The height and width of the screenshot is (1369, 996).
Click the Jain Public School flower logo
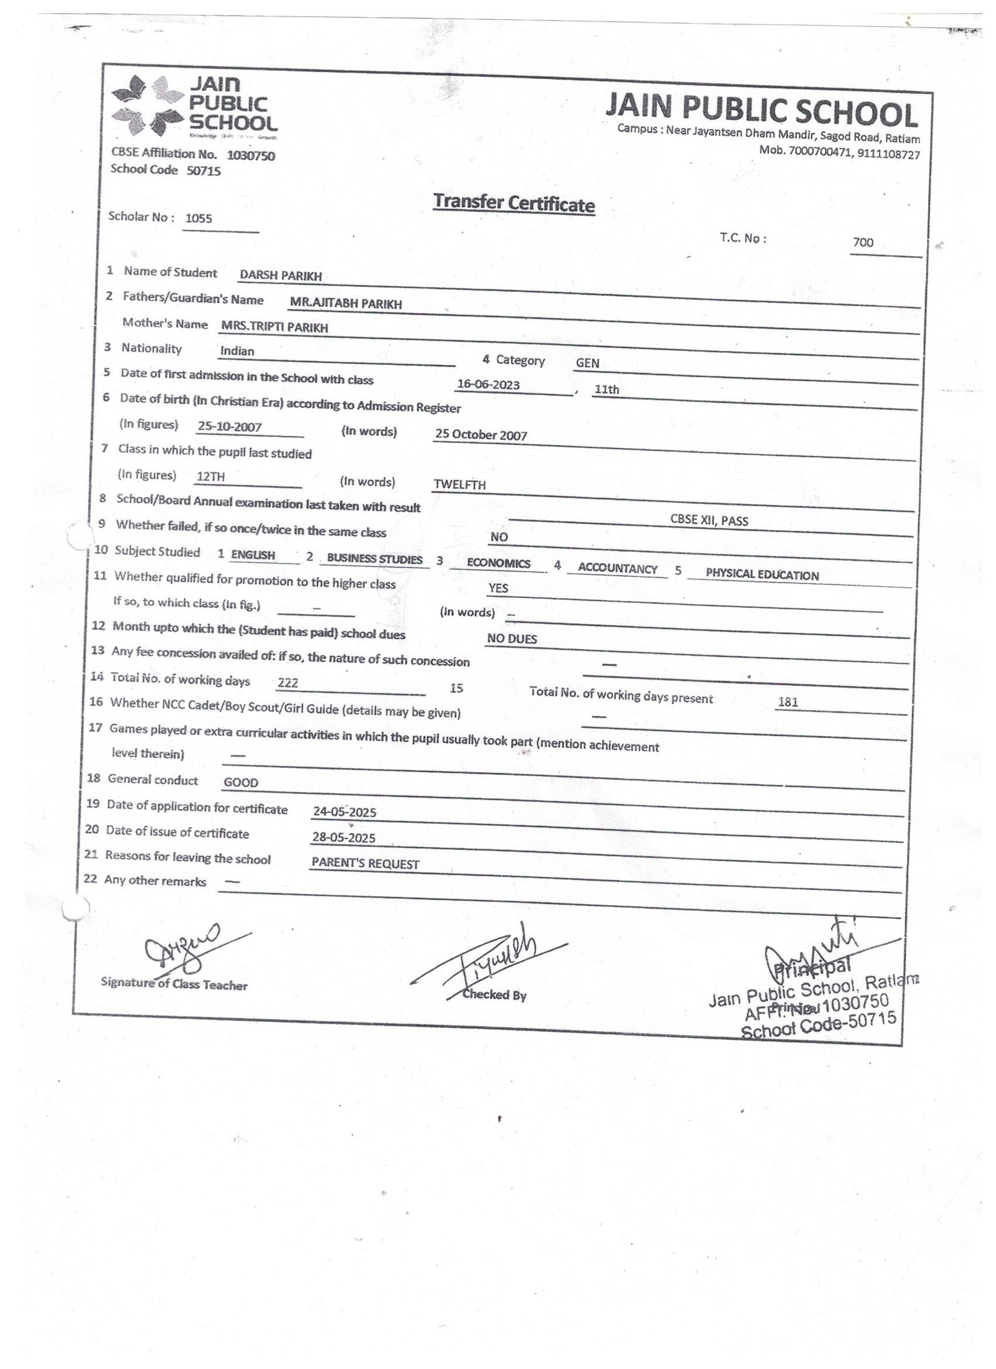[147, 105]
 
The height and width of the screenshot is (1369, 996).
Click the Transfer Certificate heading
[514, 203]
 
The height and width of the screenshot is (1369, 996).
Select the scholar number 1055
[199, 218]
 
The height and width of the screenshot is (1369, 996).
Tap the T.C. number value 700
[863, 243]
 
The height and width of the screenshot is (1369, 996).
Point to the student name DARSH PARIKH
[281, 276]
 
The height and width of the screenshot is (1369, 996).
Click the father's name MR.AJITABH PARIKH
[345, 304]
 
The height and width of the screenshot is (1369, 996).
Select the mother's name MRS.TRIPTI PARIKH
[275, 327]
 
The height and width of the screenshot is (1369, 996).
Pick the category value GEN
[588, 363]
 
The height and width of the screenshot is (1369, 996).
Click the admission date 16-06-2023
[488, 385]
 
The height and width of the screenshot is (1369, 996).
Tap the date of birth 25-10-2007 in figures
[229, 427]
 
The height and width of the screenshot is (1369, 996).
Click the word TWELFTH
[460, 485]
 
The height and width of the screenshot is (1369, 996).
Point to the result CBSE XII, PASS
[709, 521]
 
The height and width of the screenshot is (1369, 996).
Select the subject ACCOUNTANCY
[618, 569]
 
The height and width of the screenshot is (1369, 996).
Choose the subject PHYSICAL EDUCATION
[762, 575]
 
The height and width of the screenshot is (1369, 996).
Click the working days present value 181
[788, 703]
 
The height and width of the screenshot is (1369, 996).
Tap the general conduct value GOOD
[241, 783]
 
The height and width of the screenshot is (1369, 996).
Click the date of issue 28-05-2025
[344, 838]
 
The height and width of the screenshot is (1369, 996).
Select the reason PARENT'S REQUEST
[365, 864]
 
